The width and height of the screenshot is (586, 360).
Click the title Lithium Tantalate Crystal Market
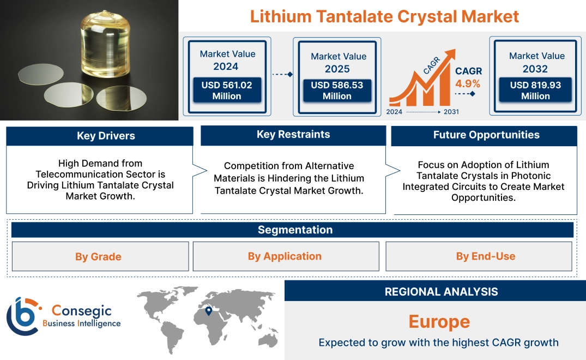tap(384, 16)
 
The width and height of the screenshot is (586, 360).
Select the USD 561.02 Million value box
tap(226, 90)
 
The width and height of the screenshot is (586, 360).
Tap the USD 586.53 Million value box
tap(337, 90)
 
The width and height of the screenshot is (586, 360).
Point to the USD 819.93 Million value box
tap(535, 90)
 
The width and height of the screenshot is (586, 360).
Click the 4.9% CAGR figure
tap(468, 83)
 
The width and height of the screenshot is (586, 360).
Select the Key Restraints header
tap(293, 134)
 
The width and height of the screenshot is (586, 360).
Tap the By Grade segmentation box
tap(98, 256)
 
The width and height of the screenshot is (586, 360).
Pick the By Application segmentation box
tap(285, 256)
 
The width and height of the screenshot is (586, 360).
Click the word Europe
tap(439, 321)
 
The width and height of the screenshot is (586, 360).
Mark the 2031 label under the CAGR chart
tap(451, 112)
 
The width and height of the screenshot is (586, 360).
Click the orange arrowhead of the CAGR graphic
tap(450, 55)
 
